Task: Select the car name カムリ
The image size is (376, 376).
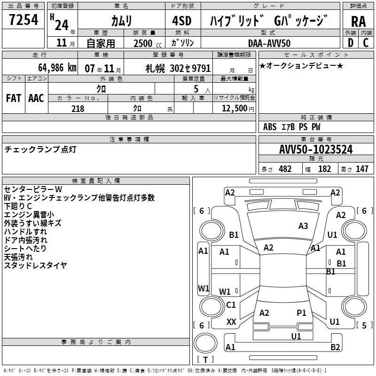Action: tap(121, 20)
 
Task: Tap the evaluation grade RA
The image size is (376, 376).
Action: tap(358, 21)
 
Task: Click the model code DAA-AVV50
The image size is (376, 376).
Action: tap(269, 43)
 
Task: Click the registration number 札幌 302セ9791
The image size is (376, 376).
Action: tap(178, 68)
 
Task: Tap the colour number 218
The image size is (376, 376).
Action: tap(78, 109)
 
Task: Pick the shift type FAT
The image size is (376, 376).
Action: tap(13, 98)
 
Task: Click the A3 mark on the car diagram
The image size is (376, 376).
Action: tap(303, 226)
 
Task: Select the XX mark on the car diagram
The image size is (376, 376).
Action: tap(231, 322)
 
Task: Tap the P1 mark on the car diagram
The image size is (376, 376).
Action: tap(301, 313)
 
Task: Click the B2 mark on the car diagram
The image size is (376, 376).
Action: tap(335, 347)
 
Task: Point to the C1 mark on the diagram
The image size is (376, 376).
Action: tap(231, 305)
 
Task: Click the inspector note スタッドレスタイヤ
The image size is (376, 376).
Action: tap(35, 266)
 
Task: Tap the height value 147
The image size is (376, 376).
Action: tap(362, 169)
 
